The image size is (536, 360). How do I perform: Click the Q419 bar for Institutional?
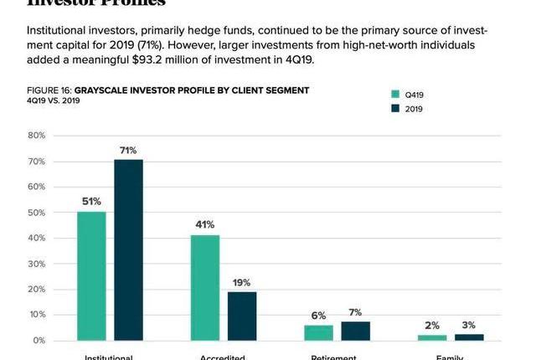91,276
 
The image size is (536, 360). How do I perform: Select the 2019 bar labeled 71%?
128,250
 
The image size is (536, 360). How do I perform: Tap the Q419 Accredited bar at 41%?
205,288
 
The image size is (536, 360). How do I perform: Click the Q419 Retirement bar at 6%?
318,333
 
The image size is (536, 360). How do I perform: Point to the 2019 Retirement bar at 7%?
355,332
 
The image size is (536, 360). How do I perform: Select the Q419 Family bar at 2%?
432,337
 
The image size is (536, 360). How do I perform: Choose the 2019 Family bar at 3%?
469,337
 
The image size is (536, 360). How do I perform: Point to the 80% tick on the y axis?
36,136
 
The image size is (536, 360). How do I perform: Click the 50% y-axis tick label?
36,213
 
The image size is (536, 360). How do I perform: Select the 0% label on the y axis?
39,341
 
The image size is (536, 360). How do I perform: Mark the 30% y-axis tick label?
36,264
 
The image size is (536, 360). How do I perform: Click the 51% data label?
91,201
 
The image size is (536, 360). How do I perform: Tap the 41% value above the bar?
205,224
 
